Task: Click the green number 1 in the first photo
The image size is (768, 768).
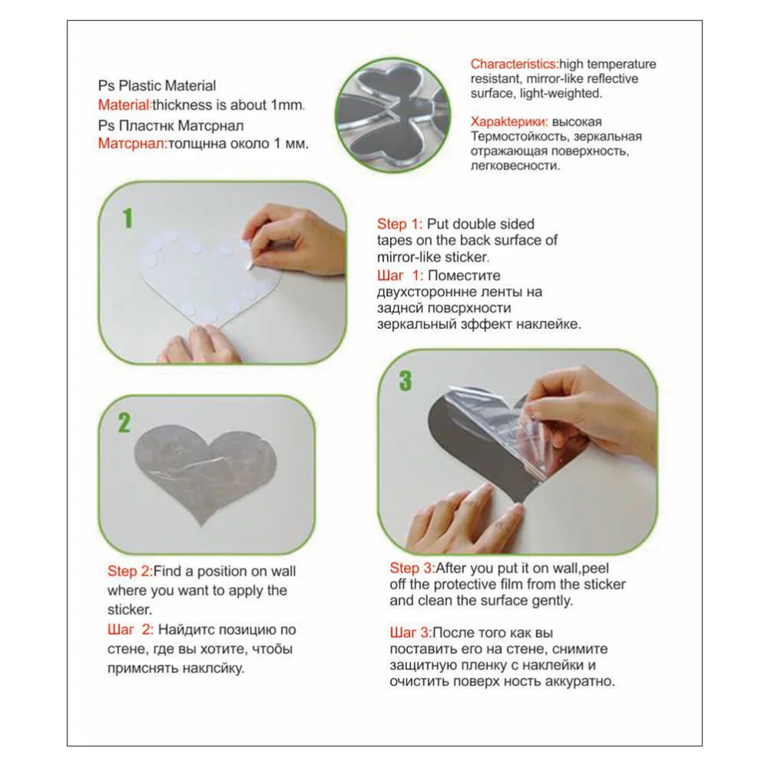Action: (x=127, y=218)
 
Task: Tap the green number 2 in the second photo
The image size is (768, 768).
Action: (x=124, y=422)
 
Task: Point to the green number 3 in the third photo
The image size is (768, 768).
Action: (x=405, y=381)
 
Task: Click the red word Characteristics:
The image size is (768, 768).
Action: (x=515, y=65)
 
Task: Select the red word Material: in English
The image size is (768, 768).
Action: (x=125, y=104)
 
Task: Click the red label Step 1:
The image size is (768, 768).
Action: (x=399, y=224)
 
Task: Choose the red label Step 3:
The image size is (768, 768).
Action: (x=412, y=568)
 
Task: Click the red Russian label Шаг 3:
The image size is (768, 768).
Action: (x=411, y=633)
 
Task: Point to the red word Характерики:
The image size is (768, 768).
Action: (x=509, y=122)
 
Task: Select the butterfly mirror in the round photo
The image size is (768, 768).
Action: (x=392, y=115)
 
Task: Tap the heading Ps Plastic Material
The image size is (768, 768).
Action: (x=157, y=86)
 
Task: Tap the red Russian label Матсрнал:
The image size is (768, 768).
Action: (x=133, y=144)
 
